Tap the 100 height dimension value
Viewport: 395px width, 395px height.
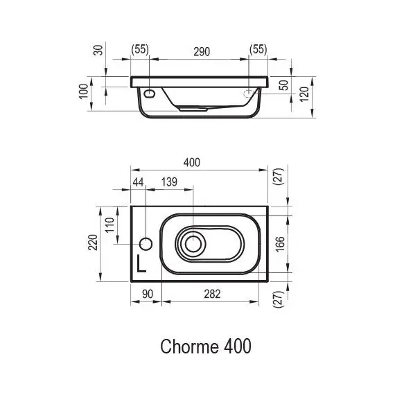(83, 91)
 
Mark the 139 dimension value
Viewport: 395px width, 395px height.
(170, 182)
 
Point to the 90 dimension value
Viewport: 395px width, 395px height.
(147, 294)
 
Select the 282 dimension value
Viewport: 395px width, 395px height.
(212, 294)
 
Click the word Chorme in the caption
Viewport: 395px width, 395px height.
(183, 346)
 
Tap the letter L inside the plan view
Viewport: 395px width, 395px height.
(141, 263)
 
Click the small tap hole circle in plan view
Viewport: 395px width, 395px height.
(146, 243)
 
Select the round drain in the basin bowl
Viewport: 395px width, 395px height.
(192, 243)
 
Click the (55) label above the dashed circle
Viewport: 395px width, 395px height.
(258, 51)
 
